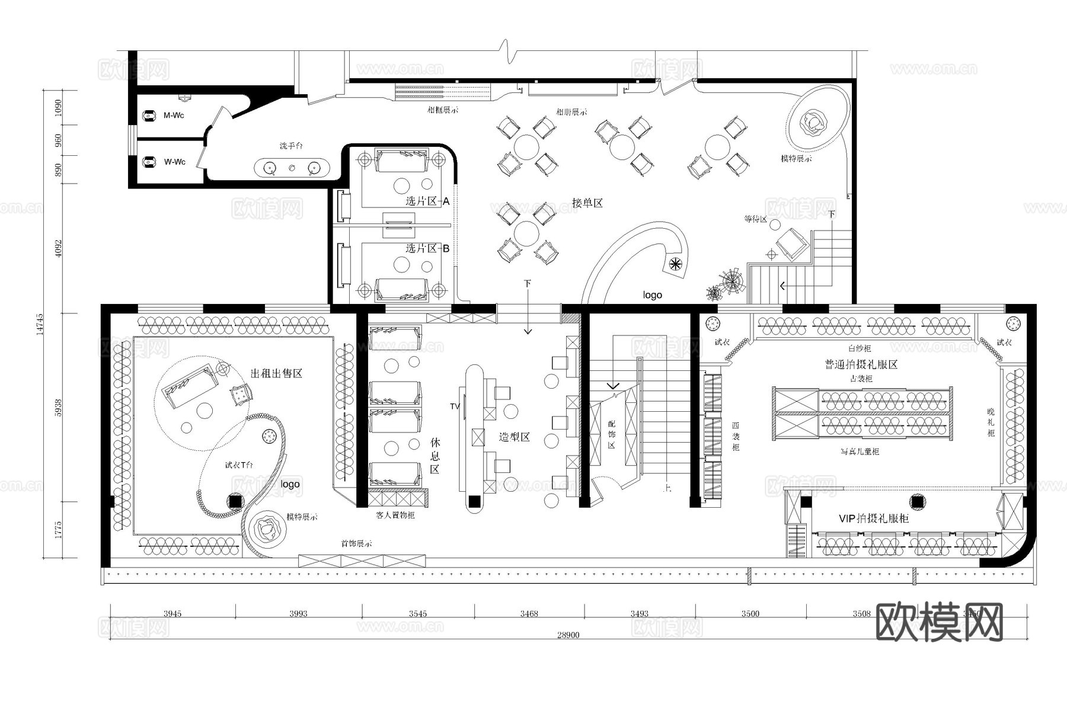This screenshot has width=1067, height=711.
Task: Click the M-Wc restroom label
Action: tap(174, 116)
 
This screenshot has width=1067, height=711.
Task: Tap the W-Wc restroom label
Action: tap(174, 162)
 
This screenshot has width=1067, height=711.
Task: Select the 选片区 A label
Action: tap(427, 201)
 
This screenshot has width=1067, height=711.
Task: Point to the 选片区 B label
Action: tap(427, 248)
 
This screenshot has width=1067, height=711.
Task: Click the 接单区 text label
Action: tap(587, 203)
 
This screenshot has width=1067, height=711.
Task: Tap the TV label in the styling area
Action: tap(455, 406)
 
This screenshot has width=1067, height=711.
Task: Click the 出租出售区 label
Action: tap(277, 373)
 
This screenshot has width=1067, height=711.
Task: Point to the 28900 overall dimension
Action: tap(568, 635)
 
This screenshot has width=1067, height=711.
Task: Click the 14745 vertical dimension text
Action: tap(40, 324)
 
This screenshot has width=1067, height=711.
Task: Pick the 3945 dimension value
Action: tap(172, 613)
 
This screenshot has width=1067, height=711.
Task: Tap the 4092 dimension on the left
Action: tap(58, 248)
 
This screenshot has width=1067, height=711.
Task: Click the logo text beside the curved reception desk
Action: tap(652, 295)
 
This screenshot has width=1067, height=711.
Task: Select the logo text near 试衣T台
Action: tap(290, 484)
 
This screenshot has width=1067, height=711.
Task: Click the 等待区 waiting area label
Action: tap(755, 219)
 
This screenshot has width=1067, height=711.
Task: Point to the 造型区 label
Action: tap(514, 437)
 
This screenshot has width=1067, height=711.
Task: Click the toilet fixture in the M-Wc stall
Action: tap(149, 116)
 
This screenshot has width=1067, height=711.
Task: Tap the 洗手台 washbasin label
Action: tap(291, 146)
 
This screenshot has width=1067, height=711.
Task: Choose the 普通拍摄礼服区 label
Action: tap(861, 364)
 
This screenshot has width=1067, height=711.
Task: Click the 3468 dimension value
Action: tap(529, 613)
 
